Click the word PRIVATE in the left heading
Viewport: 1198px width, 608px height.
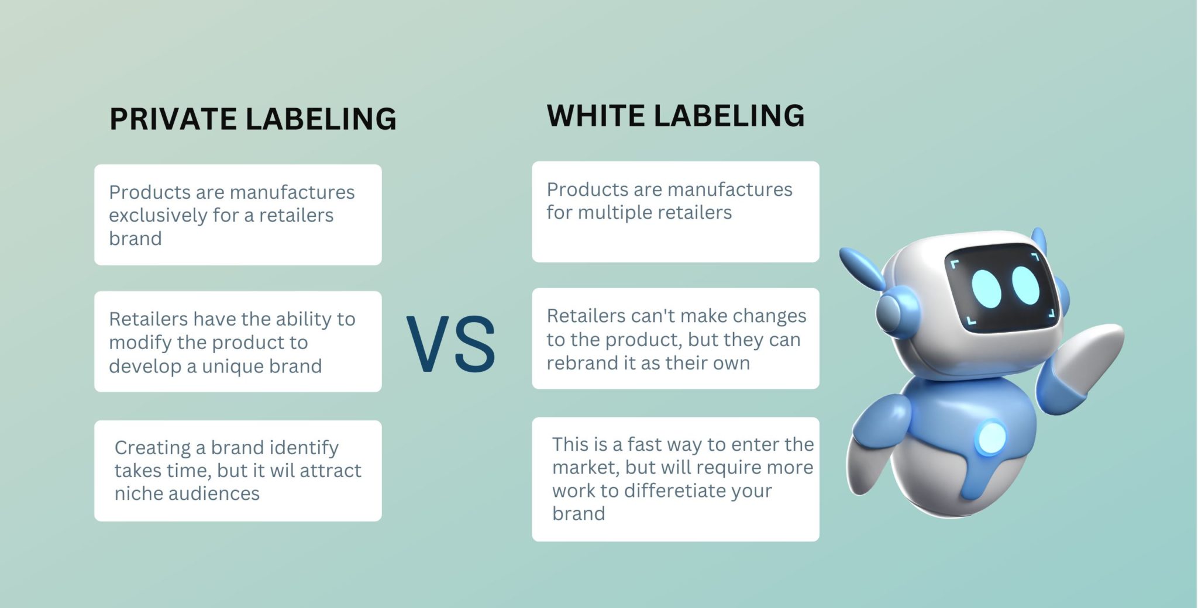click(173, 119)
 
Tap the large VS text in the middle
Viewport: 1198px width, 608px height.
click(451, 344)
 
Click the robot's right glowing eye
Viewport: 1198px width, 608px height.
click(1025, 285)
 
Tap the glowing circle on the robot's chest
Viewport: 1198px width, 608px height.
click(991, 437)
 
